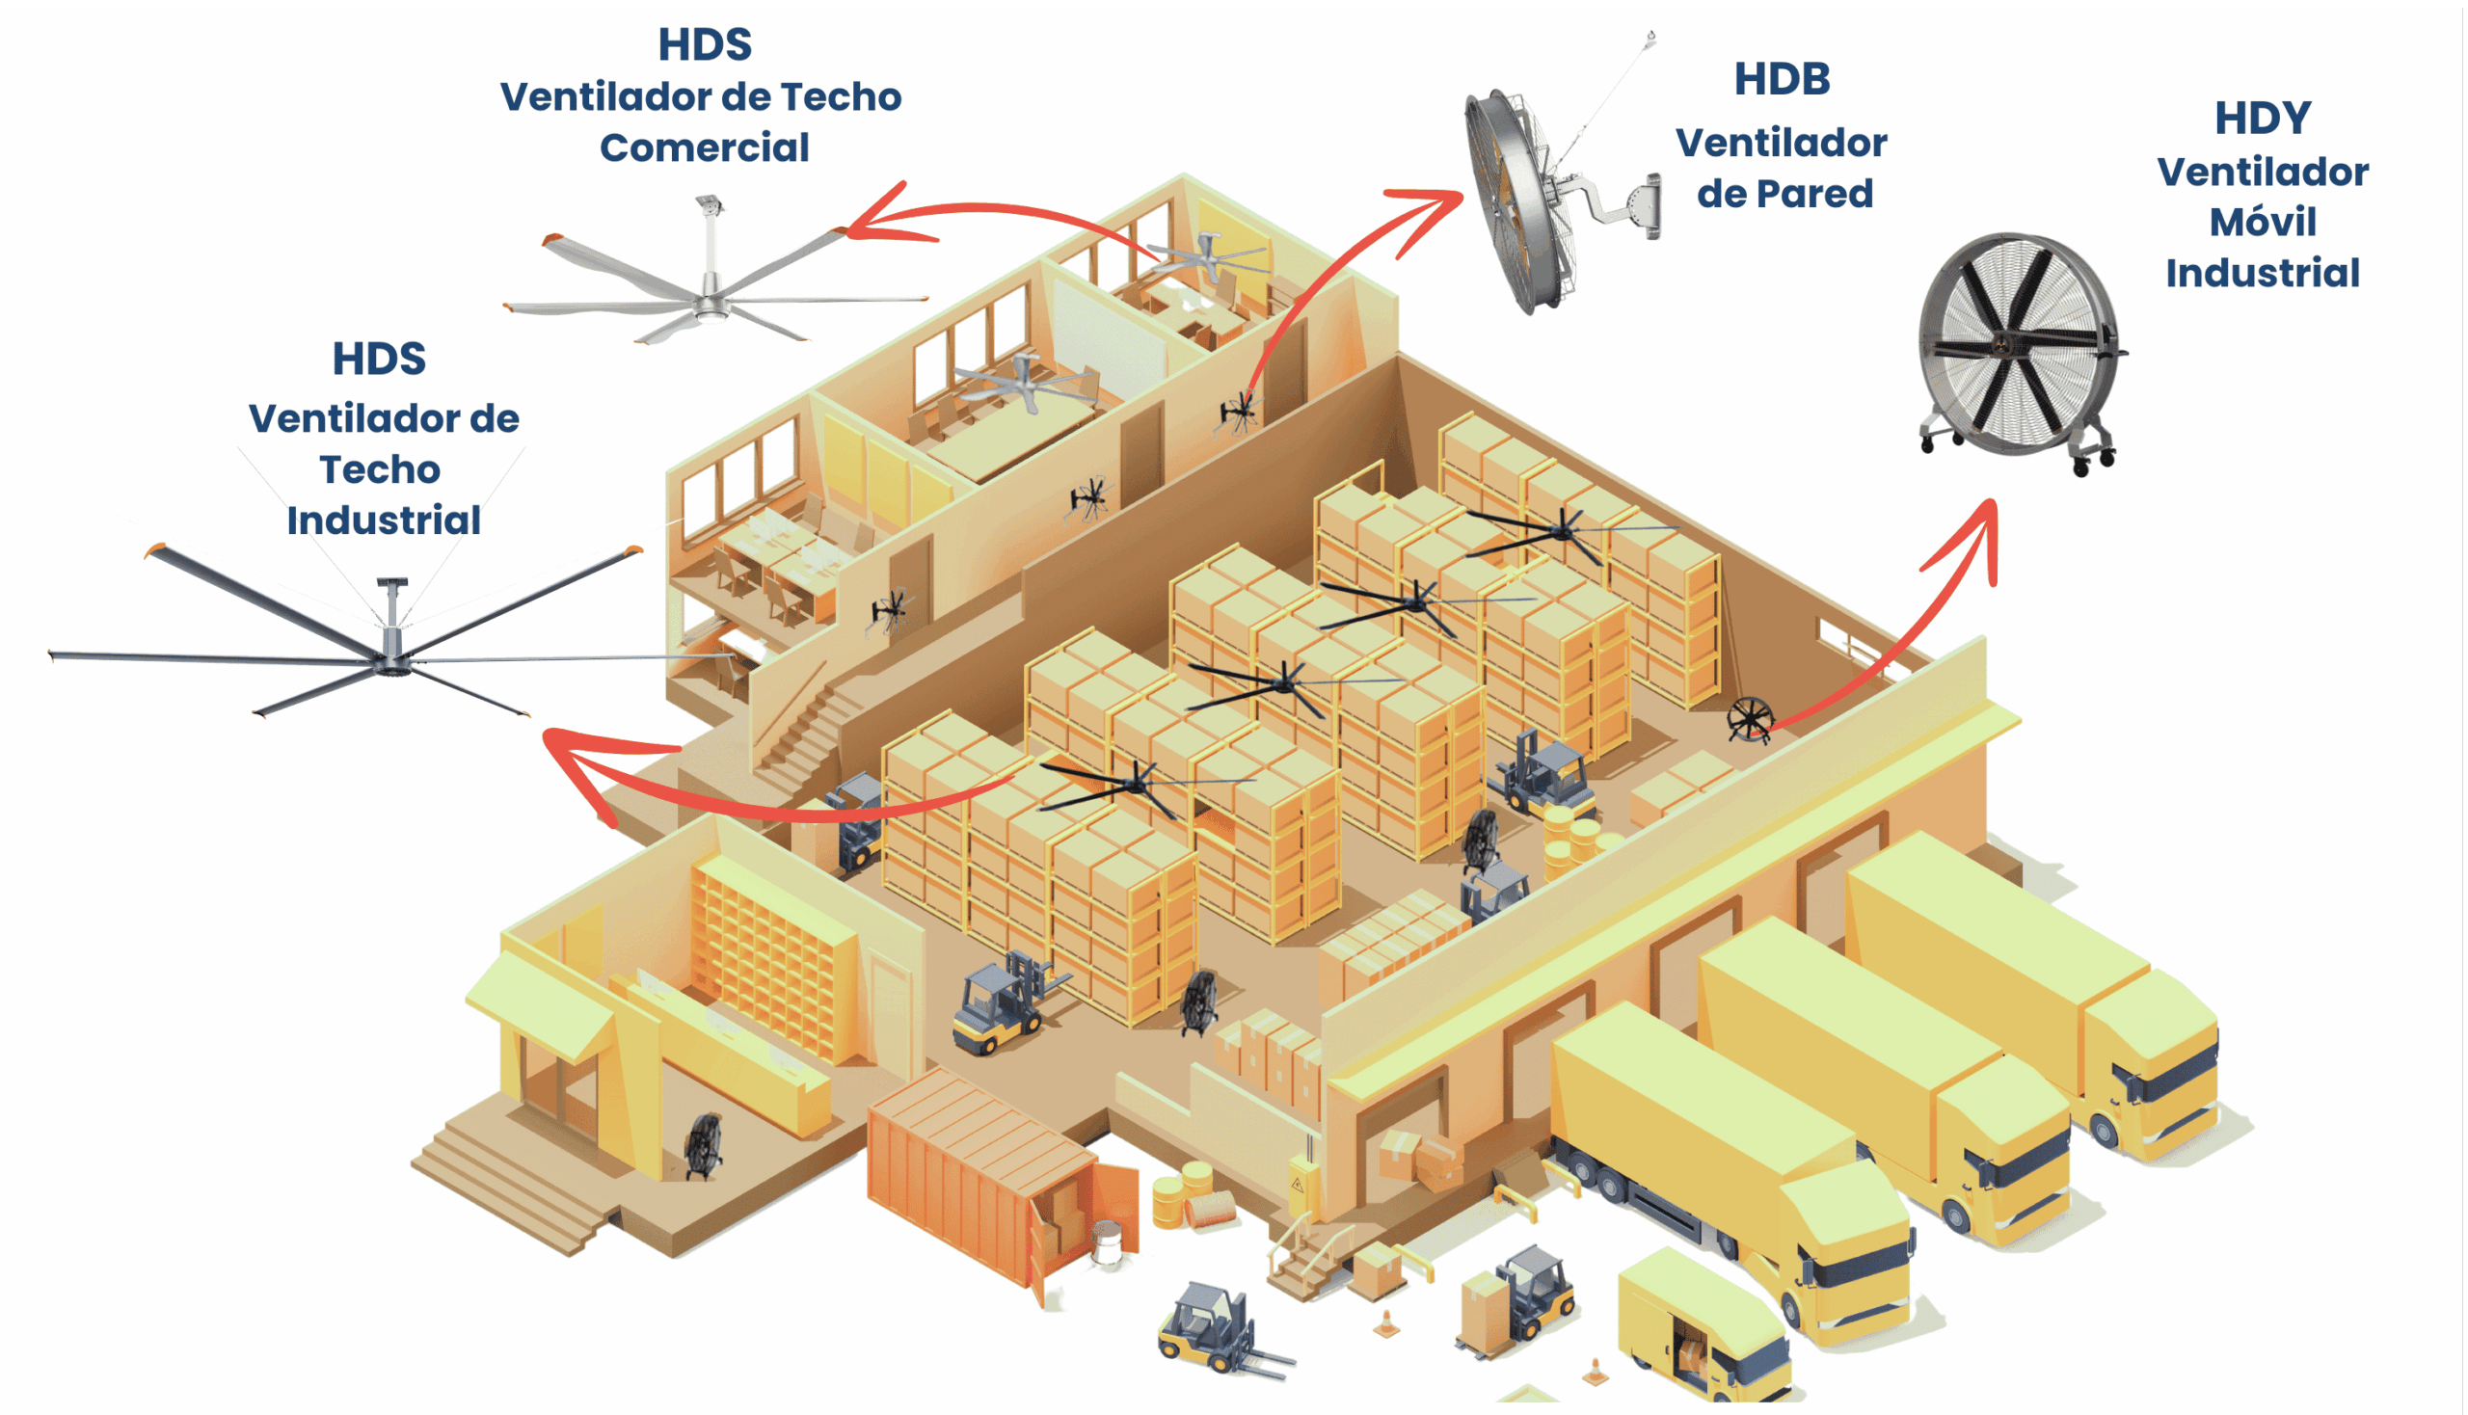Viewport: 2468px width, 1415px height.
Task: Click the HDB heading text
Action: tap(1782, 80)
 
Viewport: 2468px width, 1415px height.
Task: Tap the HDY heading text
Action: tap(2262, 119)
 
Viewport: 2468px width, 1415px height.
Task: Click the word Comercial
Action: tap(704, 147)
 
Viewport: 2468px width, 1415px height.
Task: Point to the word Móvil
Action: tap(2262, 223)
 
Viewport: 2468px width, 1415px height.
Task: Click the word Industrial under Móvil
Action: tap(2262, 273)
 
